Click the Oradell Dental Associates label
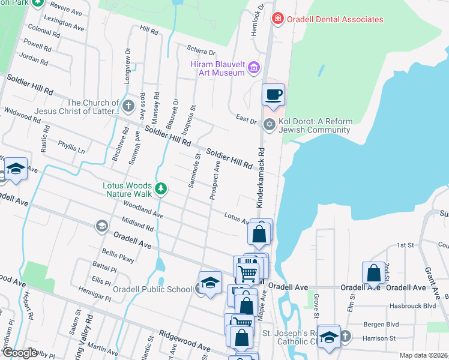(334, 19)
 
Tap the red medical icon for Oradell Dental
(277, 19)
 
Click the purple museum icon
(254, 68)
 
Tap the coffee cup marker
(273, 95)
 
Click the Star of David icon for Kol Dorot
(270, 124)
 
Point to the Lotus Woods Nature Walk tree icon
(161, 189)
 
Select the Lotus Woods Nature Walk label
(127, 190)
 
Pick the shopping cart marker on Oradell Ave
(247, 274)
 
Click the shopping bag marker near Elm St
(373, 273)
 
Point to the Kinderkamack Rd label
(261, 178)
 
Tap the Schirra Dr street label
(200, 53)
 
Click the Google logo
(20, 353)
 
